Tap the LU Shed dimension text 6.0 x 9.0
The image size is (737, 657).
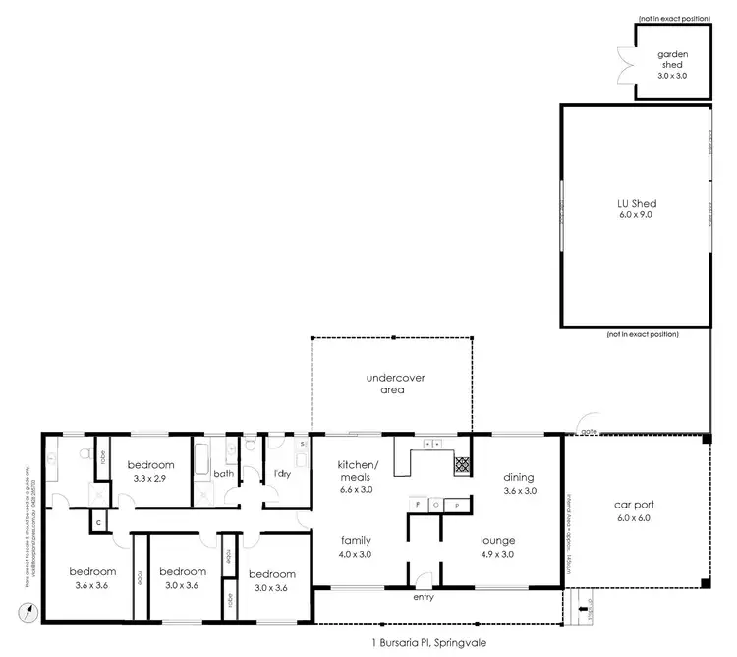pos(635,214)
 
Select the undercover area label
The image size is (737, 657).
pos(393,384)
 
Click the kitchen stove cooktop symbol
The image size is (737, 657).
pos(462,464)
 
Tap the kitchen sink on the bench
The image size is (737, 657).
pos(432,445)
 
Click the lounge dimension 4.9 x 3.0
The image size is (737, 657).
pos(497,554)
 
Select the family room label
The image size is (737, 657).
pos(355,540)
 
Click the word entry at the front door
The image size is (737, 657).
pos(424,597)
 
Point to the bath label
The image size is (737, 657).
pos(224,473)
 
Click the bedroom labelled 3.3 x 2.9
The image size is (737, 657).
pos(150,472)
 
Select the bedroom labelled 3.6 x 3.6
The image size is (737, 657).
pos(91,578)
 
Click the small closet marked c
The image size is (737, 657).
pos(98,522)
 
